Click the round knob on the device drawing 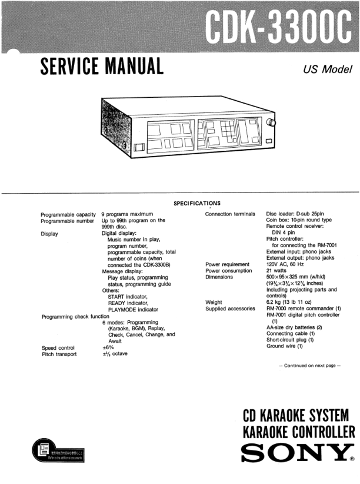pyautogui.click(x=271, y=124)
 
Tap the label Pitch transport pyautogui.click(x=61, y=354)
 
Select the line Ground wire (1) pyautogui.click(x=285, y=347)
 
